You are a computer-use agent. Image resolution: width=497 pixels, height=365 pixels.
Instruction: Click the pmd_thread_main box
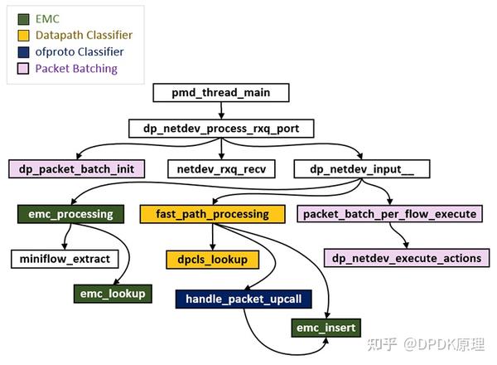pos(221,93)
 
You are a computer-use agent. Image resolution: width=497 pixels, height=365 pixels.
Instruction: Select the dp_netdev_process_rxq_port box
pos(221,129)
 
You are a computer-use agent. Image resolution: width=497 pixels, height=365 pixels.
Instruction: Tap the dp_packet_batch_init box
pos(77,169)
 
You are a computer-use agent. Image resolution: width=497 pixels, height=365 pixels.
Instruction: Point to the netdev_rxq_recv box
pos(221,169)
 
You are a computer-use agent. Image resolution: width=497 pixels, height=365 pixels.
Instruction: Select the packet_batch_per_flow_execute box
pos(389,214)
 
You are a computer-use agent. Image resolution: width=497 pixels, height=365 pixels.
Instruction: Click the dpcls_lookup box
pos(212,259)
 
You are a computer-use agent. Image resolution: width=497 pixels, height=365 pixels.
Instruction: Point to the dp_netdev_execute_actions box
pos(407,258)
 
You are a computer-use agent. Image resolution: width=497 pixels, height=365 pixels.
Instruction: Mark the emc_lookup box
pos(113,293)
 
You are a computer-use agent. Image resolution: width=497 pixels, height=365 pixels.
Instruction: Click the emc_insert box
pos(326,328)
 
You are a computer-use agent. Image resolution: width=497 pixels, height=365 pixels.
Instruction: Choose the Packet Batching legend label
pos(76,69)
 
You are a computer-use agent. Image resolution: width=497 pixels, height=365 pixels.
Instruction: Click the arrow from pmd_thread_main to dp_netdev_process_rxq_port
pos(221,110)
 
